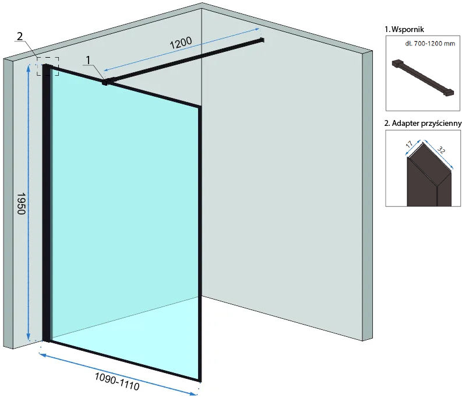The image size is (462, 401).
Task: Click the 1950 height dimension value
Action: tap(21, 203)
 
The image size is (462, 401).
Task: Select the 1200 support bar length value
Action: tap(181, 43)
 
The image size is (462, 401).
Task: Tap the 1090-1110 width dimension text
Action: tap(117, 381)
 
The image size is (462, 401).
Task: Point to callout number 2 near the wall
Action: tap(20, 36)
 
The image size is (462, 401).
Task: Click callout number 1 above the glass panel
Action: tap(88, 60)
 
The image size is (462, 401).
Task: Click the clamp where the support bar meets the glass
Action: tap(106, 82)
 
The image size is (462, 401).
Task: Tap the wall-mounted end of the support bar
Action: tap(262, 40)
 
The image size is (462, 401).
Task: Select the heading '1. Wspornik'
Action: tap(404, 29)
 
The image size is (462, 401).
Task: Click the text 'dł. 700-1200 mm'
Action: tap(430, 44)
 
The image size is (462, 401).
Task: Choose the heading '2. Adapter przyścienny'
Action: tap(423, 123)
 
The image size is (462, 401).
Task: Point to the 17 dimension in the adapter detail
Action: tap(409, 144)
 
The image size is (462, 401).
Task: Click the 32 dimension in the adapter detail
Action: tap(441, 150)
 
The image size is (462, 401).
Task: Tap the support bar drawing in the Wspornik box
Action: tap(422, 78)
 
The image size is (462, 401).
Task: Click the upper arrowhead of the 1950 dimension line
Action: tap(29, 68)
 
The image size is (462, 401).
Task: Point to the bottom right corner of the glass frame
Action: tap(200, 381)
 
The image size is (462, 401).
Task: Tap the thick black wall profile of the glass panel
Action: tap(46, 203)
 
